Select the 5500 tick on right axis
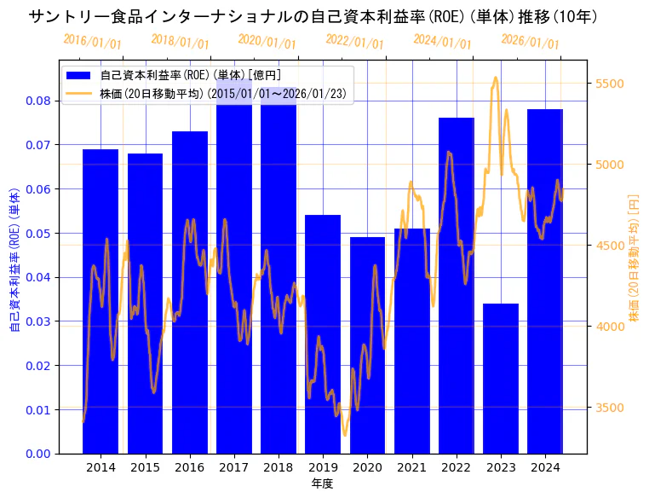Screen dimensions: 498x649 tap(609, 84)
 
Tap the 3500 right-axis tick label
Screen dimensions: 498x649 tap(609, 408)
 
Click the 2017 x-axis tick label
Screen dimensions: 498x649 tap(233, 467)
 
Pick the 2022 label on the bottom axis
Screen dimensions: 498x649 tap(457, 467)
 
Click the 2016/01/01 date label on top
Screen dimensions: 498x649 tap(92, 41)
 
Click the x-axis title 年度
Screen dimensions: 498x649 tap(322, 484)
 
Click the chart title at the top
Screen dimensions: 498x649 tap(313, 16)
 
